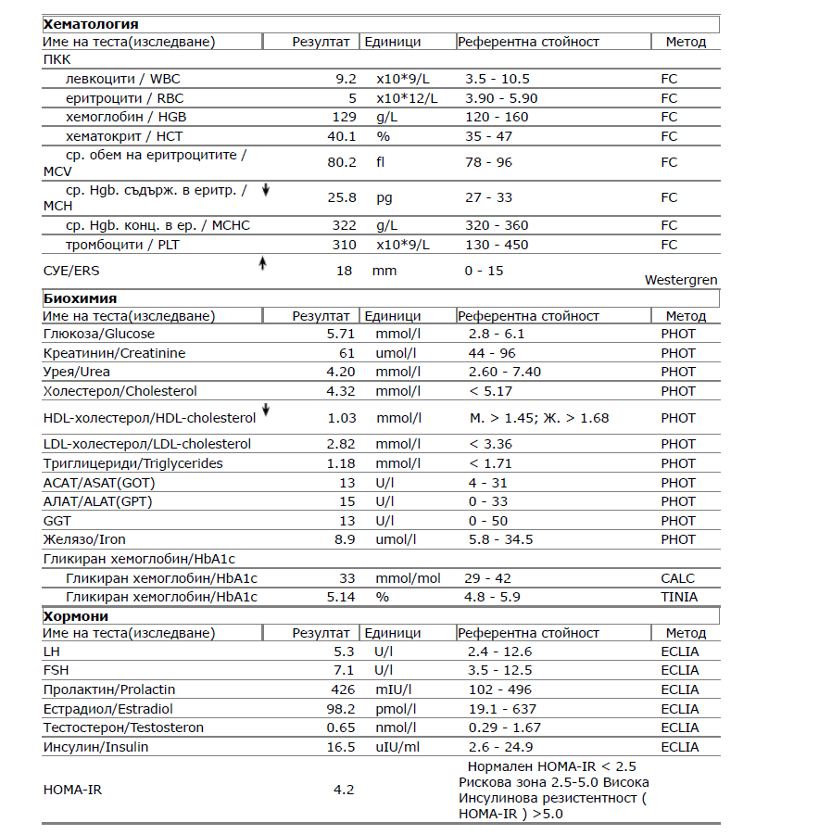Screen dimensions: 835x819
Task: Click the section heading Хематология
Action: point(91,24)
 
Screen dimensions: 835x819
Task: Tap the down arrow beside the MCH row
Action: point(266,190)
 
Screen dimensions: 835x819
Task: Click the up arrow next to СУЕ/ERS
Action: point(262,263)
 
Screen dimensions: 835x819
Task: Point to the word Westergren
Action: point(681,280)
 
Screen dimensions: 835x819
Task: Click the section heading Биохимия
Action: point(80,297)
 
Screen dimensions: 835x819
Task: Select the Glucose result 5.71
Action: point(341,334)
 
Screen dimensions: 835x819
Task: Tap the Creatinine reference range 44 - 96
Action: point(492,353)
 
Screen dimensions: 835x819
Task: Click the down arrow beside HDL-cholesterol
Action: point(266,410)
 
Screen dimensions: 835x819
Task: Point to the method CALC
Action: point(677,578)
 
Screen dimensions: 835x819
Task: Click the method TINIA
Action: point(679,597)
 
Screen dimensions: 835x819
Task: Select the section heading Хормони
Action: point(76,615)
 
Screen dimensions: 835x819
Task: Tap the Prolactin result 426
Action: point(343,690)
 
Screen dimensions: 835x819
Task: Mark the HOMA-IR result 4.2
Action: point(345,791)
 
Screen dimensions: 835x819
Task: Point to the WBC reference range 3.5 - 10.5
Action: point(498,79)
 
